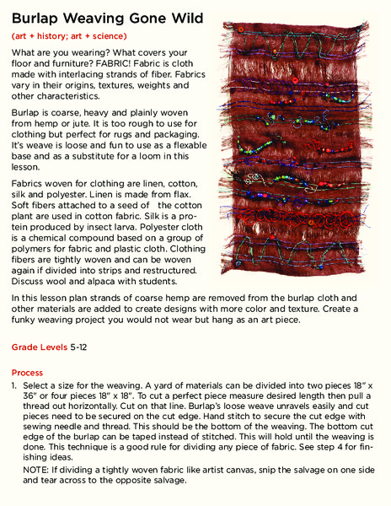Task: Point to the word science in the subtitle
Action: pos(108,37)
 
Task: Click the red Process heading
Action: pos(28,372)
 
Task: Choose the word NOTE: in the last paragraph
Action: pos(38,470)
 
